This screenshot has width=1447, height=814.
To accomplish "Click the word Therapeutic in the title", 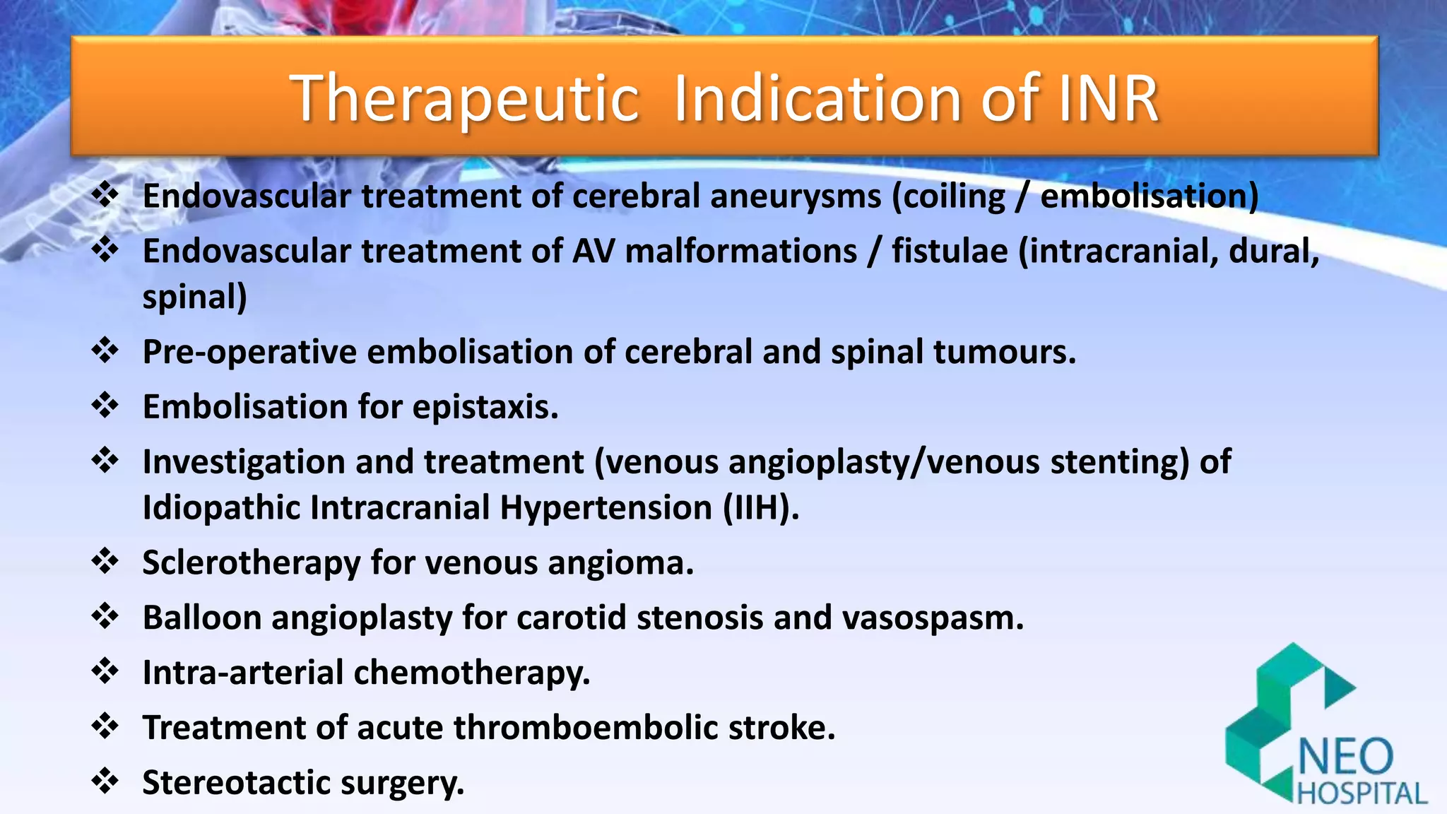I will [x=465, y=99].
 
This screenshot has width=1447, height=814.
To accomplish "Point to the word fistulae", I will [x=950, y=251].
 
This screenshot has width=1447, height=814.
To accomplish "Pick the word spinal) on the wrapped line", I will [x=194, y=297].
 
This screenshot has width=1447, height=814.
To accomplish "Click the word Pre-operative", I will [x=249, y=352].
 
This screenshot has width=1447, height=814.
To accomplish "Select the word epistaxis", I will [x=485, y=407].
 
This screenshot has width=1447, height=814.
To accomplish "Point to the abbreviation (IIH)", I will [x=760, y=508].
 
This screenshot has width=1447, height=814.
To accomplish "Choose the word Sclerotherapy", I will [x=252, y=563].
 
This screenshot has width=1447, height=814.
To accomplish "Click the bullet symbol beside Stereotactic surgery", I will [x=105, y=781].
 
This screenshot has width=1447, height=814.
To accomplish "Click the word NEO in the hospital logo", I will [x=1345, y=757].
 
